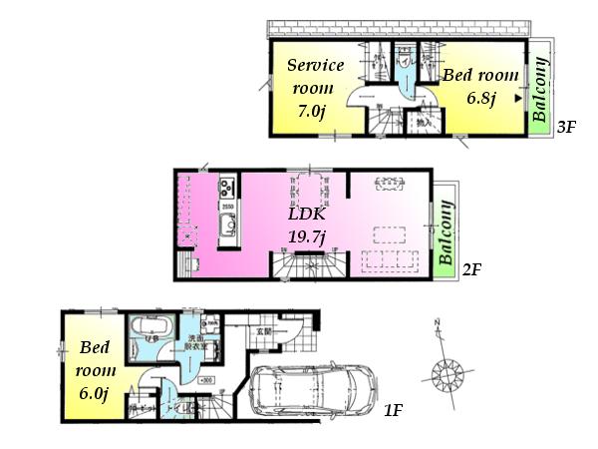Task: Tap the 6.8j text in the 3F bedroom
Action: pyautogui.click(x=482, y=99)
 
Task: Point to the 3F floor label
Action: pyautogui.click(x=566, y=127)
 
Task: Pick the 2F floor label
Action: pyautogui.click(x=472, y=270)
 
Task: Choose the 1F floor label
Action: pyautogui.click(x=393, y=410)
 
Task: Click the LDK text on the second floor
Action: pyautogui.click(x=304, y=215)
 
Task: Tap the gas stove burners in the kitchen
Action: pyautogui.click(x=226, y=187)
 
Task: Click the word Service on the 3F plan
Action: pyautogui.click(x=315, y=66)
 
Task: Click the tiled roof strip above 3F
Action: pyautogui.click(x=399, y=28)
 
